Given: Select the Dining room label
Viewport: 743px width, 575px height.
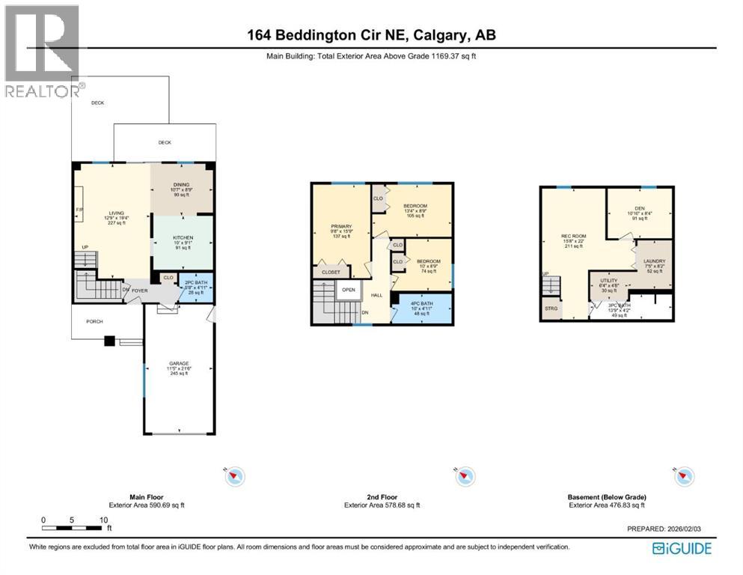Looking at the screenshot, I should [x=181, y=184].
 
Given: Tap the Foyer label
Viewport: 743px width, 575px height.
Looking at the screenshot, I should [x=141, y=291].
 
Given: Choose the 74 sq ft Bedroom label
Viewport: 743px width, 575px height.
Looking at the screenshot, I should [x=428, y=261].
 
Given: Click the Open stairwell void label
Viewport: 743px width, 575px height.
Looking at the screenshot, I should [x=348, y=290].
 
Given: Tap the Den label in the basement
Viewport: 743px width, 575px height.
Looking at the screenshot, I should [x=638, y=209].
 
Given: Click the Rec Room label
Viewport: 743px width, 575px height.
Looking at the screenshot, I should [x=574, y=237].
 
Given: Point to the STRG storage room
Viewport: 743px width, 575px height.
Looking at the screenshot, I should [x=551, y=308].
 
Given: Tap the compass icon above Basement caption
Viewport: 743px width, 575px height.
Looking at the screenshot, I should [x=684, y=476].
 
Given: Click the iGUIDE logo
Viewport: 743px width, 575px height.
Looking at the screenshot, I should [x=681, y=549].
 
